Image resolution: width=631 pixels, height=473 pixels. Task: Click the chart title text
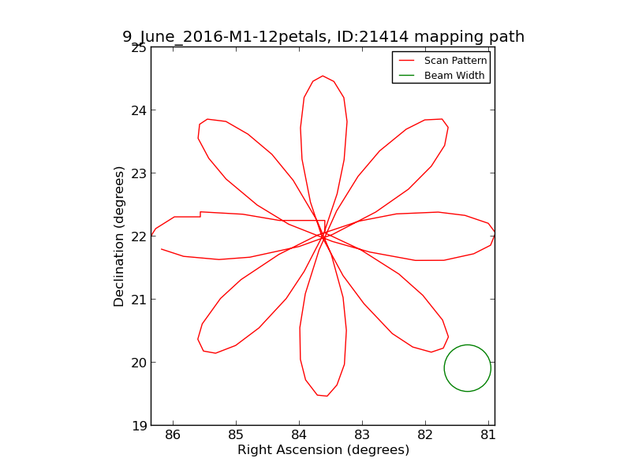pyautogui.click(x=323, y=37)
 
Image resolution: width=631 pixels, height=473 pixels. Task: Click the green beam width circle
pyautogui.click(x=468, y=368)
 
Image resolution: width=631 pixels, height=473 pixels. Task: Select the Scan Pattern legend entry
pyautogui.click(x=456, y=61)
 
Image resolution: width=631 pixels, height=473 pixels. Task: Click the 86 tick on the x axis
pyautogui.click(x=174, y=435)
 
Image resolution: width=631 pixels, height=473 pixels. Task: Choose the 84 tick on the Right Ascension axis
pyautogui.click(x=299, y=435)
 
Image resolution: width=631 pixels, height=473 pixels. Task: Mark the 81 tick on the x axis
pyautogui.click(x=488, y=435)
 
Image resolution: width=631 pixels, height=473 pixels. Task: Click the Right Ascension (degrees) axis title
pyautogui.click(x=323, y=450)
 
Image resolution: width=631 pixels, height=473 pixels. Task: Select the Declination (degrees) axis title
pyautogui.click(x=120, y=236)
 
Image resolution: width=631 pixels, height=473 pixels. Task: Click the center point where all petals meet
pyautogui.click(x=323, y=236)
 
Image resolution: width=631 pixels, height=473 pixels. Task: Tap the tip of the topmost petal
pyautogui.click(x=323, y=76)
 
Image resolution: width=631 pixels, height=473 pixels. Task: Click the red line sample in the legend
pyautogui.click(x=407, y=61)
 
